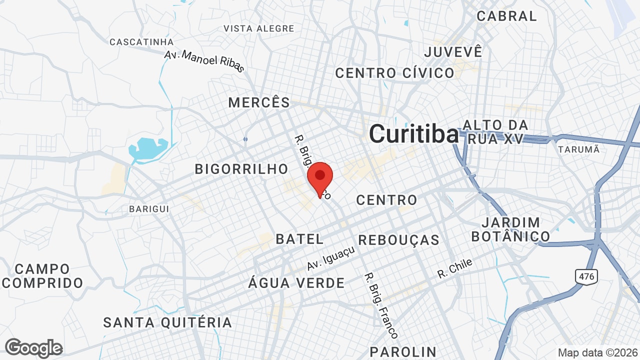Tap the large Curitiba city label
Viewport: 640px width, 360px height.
tap(413, 134)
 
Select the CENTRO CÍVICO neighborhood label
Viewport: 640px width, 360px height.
tap(394, 73)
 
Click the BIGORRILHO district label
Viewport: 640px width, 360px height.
tap(241, 169)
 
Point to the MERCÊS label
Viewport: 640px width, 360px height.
tap(259, 103)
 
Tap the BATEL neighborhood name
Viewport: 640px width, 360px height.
tap(300, 239)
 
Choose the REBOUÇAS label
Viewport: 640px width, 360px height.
tap(398, 240)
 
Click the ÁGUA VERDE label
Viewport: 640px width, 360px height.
tap(296, 283)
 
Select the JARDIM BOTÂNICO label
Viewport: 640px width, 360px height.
tap(510, 229)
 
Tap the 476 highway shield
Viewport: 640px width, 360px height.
tap(586, 276)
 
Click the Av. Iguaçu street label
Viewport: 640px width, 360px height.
tap(331, 258)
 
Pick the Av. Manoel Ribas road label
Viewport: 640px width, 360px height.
tap(204, 61)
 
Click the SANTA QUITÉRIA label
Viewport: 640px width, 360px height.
tap(167, 322)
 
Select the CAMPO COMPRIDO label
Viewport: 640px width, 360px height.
tap(42, 276)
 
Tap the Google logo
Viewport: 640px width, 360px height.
tap(33, 348)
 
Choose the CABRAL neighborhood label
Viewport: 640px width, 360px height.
tap(506, 16)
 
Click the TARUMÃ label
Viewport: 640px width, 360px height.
tap(578, 149)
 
